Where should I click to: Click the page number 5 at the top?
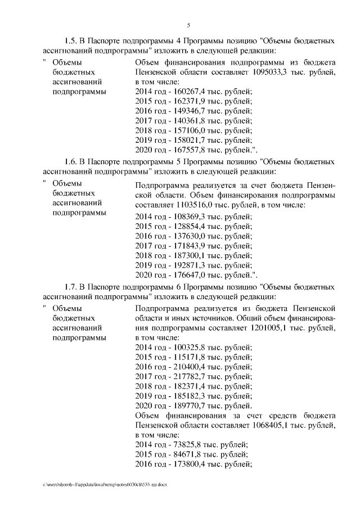tap(189, 25)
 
